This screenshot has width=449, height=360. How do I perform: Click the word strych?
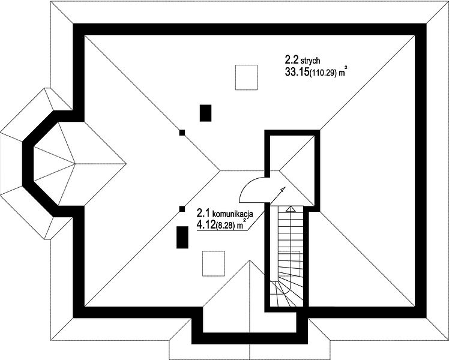[x=310, y=61]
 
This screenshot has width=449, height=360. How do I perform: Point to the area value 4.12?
[x=206, y=225]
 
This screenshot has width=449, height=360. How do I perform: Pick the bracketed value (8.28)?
[x=224, y=226]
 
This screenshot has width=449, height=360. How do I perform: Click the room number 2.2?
[x=292, y=60]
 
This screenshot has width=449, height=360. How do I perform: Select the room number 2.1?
[x=203, y=213]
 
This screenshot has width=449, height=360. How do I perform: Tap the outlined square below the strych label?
[x=246, y=77]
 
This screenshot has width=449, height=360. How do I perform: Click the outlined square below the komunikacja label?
[x=213, y=263]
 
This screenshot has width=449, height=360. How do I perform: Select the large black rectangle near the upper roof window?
[x=205, y=113]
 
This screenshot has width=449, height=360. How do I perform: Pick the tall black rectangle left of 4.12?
[x=182, y=237]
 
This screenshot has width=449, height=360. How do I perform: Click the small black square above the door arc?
[x=182, y=133]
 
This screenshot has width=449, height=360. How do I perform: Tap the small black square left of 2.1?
[x=182, y=209]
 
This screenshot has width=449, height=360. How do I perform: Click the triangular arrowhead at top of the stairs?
[x=291, y=209]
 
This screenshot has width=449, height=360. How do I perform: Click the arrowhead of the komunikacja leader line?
[x=283, y=189]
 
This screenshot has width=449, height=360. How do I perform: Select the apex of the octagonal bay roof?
[x=75, y=164]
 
